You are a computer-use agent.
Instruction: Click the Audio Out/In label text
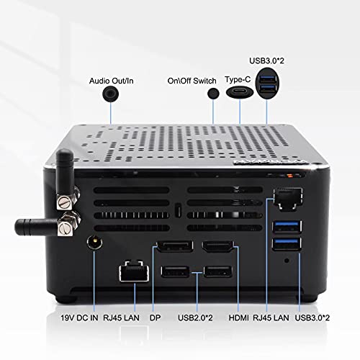[x=111, y=81]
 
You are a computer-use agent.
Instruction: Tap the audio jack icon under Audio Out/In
[x=110, y=94]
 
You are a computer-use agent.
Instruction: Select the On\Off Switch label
[x=192, y=81]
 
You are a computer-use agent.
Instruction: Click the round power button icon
[x=213, y=93]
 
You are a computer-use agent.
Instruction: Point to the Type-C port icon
[x=240, y=91]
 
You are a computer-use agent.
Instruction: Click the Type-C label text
[x=238, y=79]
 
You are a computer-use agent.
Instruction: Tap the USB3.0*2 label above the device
[x=266, y=60]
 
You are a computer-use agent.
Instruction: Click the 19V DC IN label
[x=79, y=318]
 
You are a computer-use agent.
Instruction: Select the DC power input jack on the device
[x=94, y=243]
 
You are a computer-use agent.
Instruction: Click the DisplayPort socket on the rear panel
[x=175, y=246]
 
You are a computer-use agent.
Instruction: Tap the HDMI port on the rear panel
[x=217, y=247]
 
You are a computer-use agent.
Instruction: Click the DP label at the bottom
[x=155, y=318]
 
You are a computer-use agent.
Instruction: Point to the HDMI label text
[x=238, y=318]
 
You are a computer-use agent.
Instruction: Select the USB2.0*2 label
[x=195, y=318]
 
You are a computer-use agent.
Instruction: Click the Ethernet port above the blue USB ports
[x=288, y=199]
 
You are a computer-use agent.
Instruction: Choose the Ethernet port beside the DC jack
[x=134, y=271]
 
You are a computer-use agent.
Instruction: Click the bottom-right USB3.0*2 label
[x=312, y=318]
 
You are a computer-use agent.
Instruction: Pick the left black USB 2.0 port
[x=175, y=272]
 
